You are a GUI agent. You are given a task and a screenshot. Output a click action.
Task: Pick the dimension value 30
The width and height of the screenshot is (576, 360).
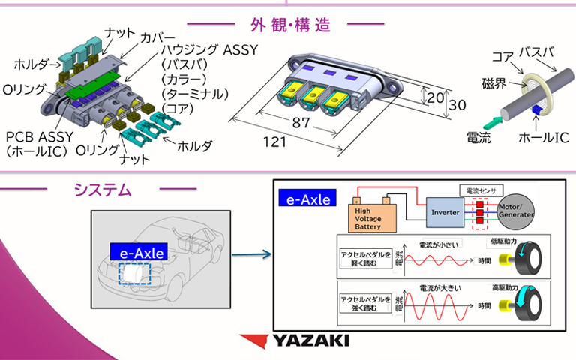(x=460, y=105)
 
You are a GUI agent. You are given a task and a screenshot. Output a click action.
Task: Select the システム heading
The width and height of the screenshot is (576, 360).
(x=103, y=190)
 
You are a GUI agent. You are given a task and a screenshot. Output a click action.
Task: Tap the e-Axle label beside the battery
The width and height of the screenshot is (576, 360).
(x=307, y=199)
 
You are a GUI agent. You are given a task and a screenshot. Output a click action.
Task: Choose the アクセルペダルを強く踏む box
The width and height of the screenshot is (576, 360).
(x=364, y=303)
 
